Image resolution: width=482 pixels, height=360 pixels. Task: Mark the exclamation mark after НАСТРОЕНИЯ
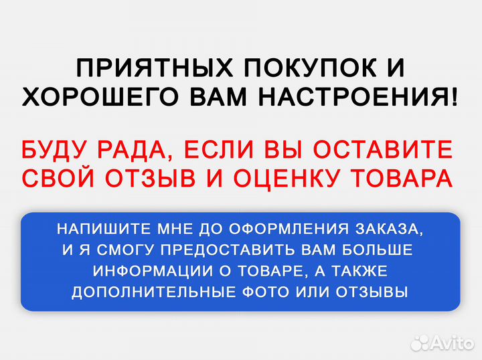tap(455, 98)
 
